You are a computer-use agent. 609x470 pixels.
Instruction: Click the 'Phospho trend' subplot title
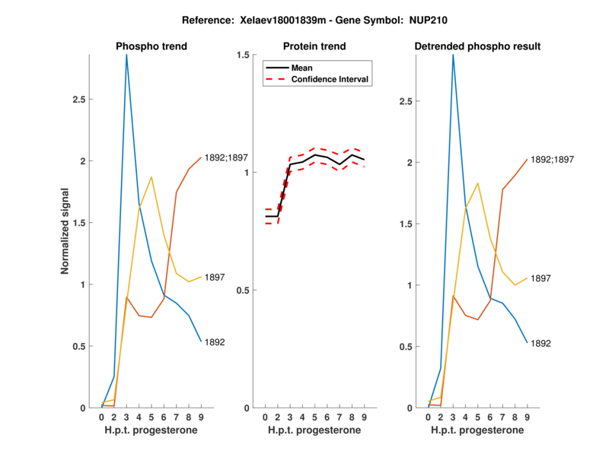151,46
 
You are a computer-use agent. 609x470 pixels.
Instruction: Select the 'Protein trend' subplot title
314,46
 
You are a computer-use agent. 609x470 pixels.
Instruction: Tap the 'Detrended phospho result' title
477,46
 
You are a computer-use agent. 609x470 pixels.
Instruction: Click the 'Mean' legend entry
302,68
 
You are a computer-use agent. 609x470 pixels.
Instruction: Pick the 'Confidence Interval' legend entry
331,78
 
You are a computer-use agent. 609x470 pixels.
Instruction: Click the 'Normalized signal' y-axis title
66,231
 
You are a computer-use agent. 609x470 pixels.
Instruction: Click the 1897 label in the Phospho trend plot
215,278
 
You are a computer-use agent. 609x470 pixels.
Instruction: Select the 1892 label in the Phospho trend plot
215,342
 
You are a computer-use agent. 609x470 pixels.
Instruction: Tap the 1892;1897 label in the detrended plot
552,160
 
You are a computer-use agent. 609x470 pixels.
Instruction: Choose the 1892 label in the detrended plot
540,344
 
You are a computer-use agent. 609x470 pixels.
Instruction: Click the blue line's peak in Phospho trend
126,55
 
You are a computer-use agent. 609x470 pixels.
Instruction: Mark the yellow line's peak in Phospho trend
151,177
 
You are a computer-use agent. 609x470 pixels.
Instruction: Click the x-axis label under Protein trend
314,430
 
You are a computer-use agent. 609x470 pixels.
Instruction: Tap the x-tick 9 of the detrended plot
527,417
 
